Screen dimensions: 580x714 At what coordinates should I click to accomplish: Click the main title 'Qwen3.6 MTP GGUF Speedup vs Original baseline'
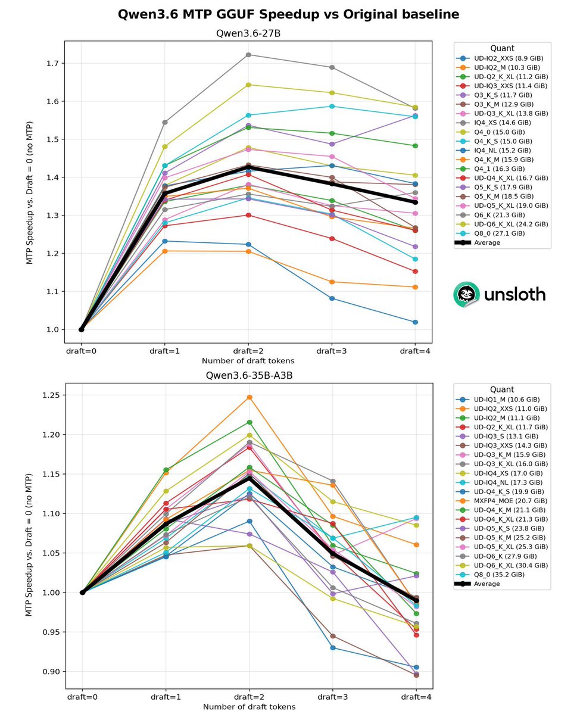click(288, 14)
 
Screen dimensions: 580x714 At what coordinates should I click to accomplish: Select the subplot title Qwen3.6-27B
click(248, 33)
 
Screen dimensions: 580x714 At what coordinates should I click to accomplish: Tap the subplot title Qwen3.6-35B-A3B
click(249, 376)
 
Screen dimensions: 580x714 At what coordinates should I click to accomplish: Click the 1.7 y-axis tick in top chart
click(53, 63)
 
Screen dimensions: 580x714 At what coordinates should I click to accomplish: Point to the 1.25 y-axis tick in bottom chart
click(51, 395)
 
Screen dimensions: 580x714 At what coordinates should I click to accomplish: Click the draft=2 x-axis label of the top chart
click(248, 351)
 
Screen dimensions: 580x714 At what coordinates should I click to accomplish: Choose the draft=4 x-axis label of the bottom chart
click(416, 697)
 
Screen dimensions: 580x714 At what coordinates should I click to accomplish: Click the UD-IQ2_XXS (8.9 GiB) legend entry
click(502, 58)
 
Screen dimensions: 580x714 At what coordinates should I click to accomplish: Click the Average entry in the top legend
click(479, 243)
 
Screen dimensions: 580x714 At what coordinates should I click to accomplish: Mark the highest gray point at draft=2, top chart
click(248, 55)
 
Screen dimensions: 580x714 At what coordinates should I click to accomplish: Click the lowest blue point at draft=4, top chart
click(415, 322)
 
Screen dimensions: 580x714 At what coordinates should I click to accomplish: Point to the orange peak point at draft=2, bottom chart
click(250, 397)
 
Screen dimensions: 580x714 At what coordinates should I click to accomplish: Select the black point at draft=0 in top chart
click(82, 329)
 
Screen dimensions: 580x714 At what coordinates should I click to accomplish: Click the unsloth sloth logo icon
click(467, 294)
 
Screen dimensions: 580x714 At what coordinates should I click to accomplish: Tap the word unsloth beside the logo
click(515, 294)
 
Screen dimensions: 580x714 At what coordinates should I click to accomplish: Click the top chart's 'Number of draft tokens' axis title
click(248, 361)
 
